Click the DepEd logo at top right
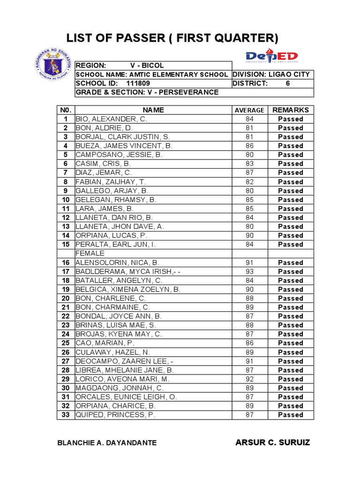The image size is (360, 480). pos(272,55)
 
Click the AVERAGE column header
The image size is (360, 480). pos(249,110)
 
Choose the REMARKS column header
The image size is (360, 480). pos(291,110)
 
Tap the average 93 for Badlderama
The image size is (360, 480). pos(249,271)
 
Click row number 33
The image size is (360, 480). pos(66,415)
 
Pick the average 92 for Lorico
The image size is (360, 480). pos(249,379)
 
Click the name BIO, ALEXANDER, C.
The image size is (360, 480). pos(111,119)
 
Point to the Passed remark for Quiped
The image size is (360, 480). pos(291,415)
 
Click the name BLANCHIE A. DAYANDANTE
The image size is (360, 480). pos(107,443)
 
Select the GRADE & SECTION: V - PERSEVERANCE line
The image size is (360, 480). pos(147,92)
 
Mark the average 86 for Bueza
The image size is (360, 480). pos(249,146)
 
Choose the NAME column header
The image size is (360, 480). pos(153,110)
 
